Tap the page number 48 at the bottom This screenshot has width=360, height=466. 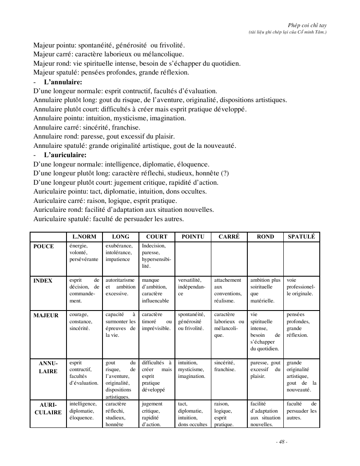tap(281, 442)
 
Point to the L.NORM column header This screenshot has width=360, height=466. tap(84, 237)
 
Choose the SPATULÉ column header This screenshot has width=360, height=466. tap(301, 237)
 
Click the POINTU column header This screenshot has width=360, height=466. tap(193, 237)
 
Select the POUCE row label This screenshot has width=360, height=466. tap(44, 247)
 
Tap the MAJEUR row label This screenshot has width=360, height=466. tap(46, 315)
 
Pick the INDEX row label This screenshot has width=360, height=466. tap(43, 280)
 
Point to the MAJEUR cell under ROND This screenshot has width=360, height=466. tap(265, 331)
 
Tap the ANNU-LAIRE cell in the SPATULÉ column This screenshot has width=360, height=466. tap(301, 376)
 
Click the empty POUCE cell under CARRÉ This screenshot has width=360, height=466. tap(229, 258)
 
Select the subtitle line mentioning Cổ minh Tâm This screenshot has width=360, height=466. tap(288, 32)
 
